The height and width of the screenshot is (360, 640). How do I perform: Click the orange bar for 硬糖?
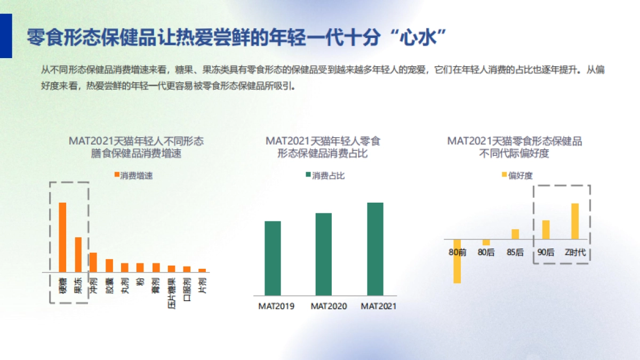pos(62,237)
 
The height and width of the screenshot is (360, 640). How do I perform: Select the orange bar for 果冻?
pos(78,254)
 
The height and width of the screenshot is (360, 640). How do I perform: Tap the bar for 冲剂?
pos(93,262)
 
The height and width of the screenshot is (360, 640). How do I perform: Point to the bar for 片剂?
pos(202,270)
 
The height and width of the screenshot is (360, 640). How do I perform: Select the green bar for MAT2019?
pos(273,258)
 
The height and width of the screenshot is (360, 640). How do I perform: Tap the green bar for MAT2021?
pos(375,249)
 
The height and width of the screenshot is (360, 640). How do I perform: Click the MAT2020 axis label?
pos(329,306)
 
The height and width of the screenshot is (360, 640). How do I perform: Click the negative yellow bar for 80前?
pos(457,261)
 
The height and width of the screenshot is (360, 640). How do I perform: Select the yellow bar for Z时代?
pos(575,221)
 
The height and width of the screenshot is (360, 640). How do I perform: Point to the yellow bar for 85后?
pos(515,234)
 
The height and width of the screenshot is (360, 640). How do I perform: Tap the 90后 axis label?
pos(546,252)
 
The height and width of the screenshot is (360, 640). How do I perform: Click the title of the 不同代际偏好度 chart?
pos(514,148)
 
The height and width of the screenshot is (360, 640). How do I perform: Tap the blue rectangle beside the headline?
pos(6,36)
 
